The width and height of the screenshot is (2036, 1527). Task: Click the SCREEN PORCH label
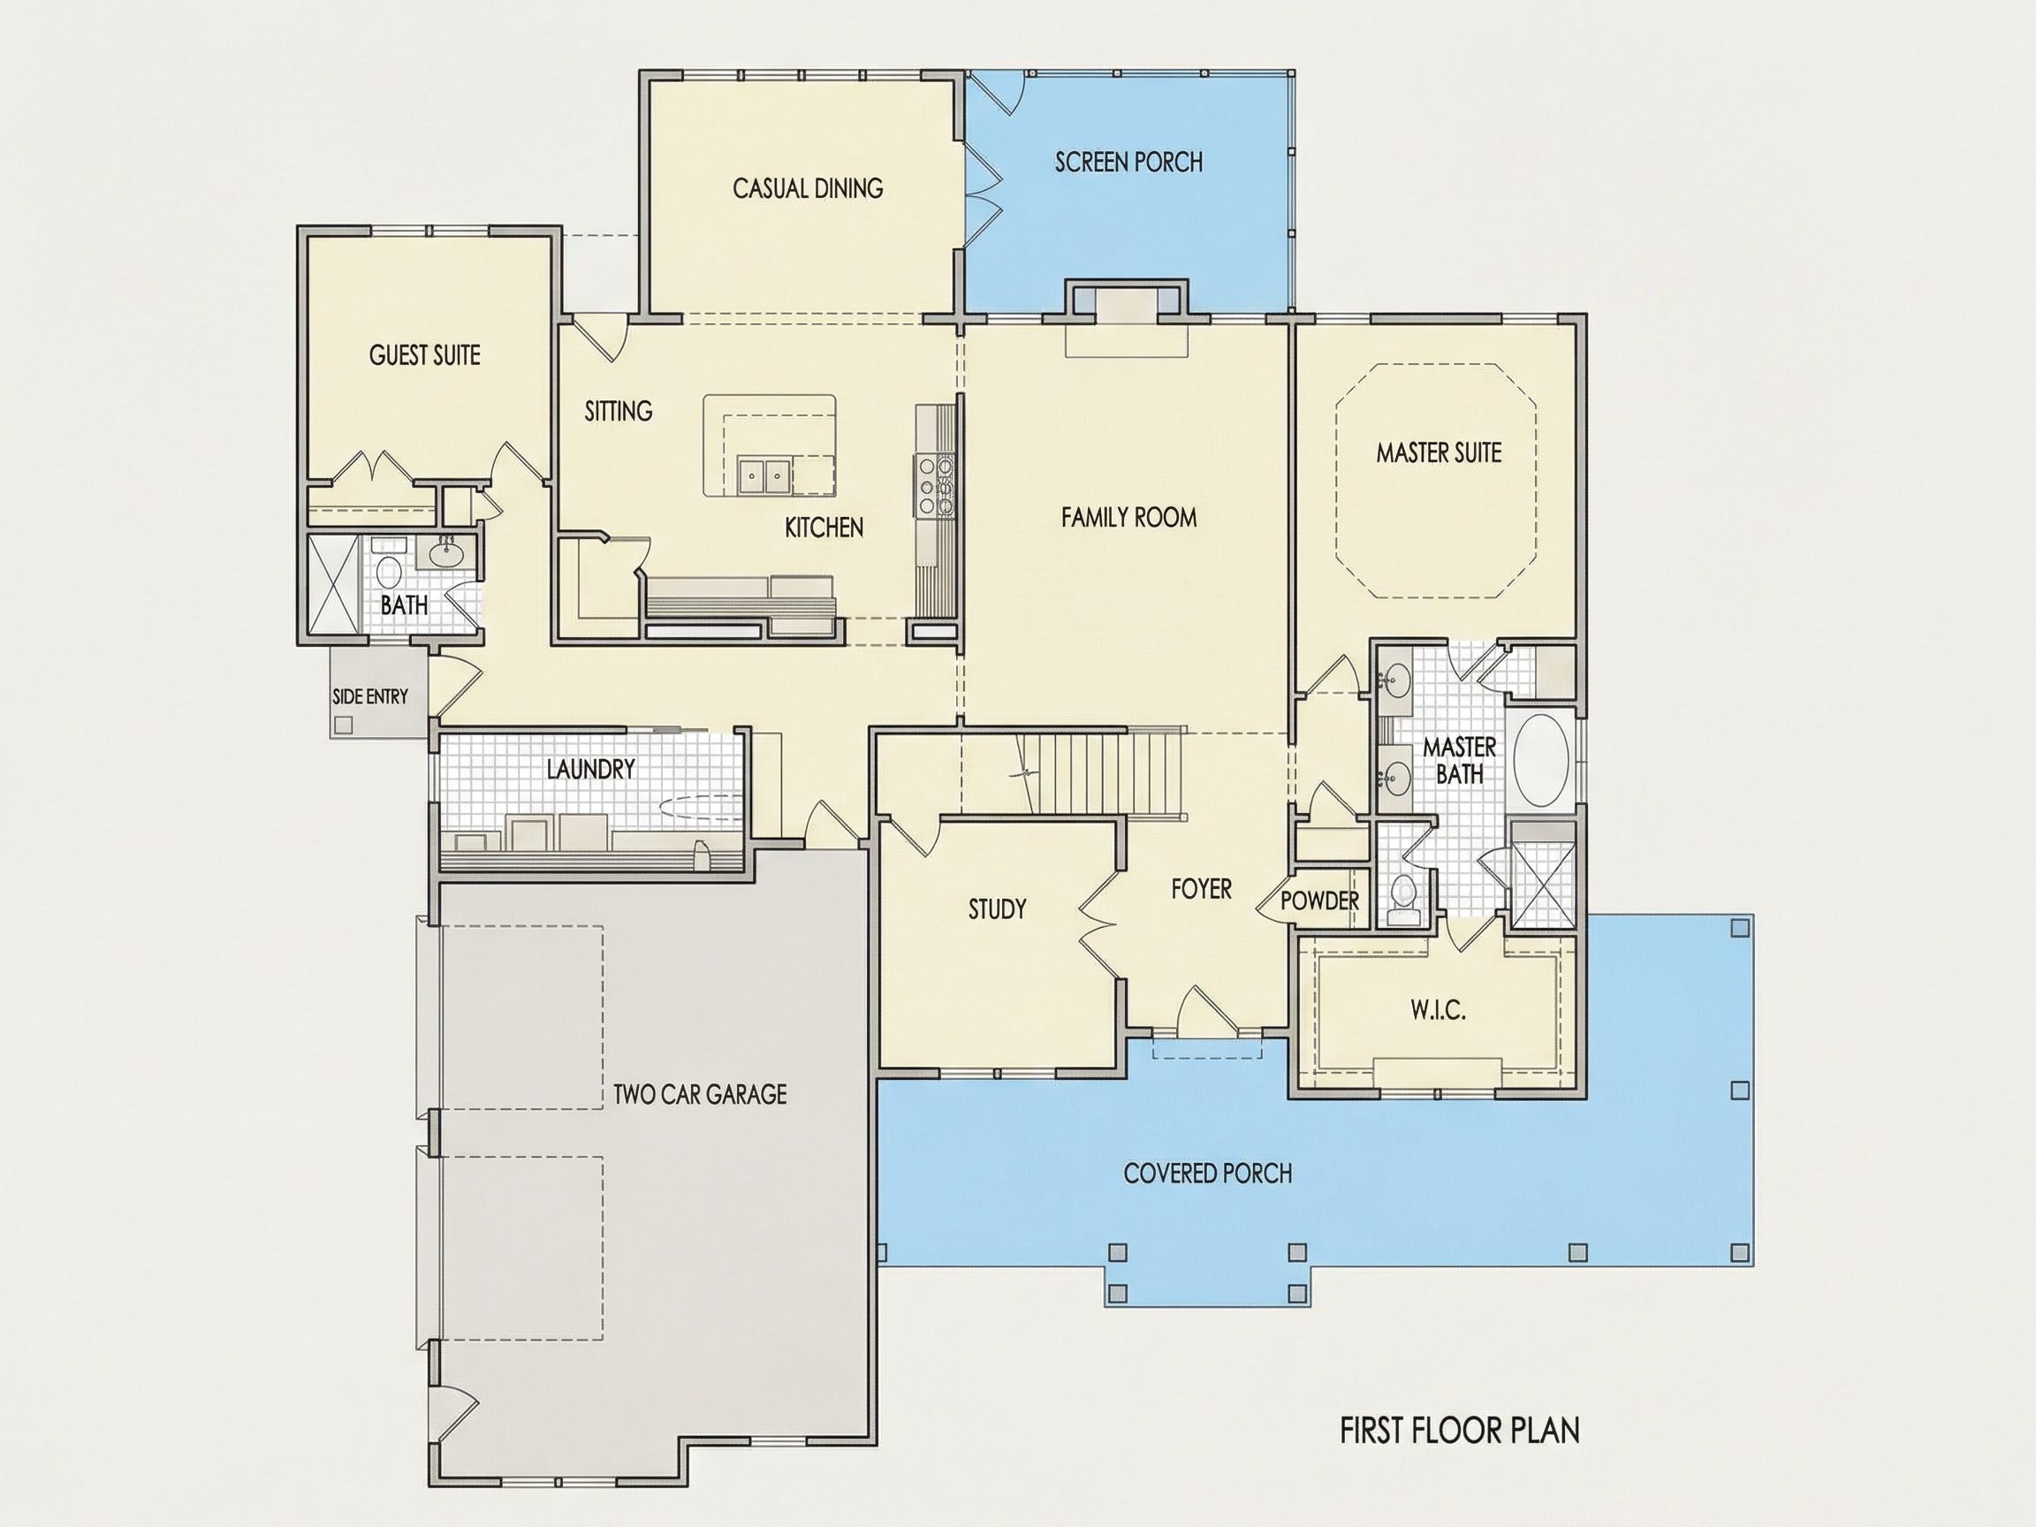pyautogui.click(x=1128, y=162)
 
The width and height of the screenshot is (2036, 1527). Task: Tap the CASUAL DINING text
pyautogui.click(x=807, y=189)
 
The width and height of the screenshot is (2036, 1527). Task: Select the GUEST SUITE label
pyautogui.click(x=424, y=355)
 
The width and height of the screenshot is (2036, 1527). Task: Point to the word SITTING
pyautogui.click(x=619, y=411)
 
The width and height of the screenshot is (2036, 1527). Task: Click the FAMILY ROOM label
pyautogui.click(x=1128, y=517)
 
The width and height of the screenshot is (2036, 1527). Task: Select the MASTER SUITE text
pyautogui.click(x=1439, y=452)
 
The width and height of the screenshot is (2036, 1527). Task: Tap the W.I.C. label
pyautogui.click(x=1438, y=1012)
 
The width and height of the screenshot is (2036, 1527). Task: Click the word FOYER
pyautogui.click(x=1201, y=889)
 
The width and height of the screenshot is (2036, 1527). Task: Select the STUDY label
pyautogui.click(x=997, y=909)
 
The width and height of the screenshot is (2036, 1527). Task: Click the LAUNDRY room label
pyautogui.click(x=590, y=769)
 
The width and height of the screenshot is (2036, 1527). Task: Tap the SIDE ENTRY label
pyautogui.click(x=369, y=696)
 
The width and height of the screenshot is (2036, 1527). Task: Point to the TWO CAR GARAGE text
pyautogui.click(x=700, y=1094)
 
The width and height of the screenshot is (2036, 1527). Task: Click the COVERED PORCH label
pyautogui.click(x=1208, y=1174)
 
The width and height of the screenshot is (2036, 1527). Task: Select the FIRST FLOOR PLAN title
pyautogui.click(x=1459, y=1432)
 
